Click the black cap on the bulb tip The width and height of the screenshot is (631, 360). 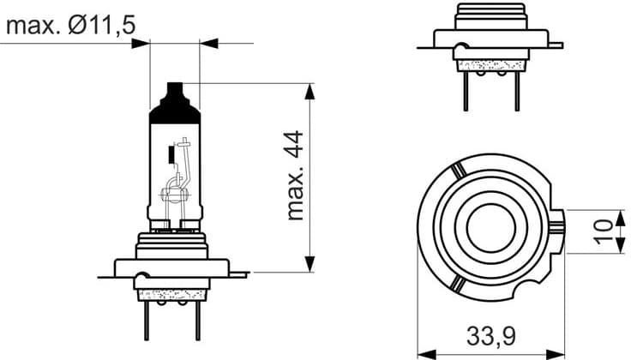(174, 102)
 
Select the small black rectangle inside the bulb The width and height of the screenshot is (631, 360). (171, 156)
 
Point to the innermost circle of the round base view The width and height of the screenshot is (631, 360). (489, 230)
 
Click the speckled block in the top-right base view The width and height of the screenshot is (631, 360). (490, 63)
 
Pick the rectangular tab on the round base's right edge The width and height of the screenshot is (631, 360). (559, 231)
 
